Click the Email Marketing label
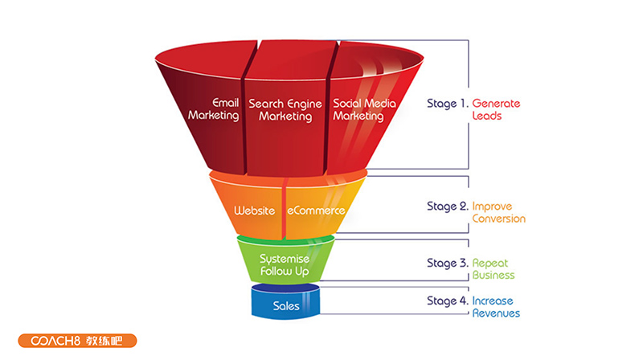pos(214,109)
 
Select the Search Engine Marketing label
pos(285,109)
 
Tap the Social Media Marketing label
pos(358,109)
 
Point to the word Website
pos(254,211)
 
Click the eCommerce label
pos(316,211)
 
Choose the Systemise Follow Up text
pos(285,264)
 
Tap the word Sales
pos(286,306)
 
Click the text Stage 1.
pos(447,104)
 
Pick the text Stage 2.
pos(447,207)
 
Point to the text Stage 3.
pos(447,263)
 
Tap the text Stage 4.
pos(447,301)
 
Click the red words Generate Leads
pos(496,109)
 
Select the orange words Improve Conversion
pos(498,212)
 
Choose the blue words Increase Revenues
pos(496,307)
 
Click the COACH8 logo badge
pos(76,341)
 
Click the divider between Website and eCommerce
pos(283,211)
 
